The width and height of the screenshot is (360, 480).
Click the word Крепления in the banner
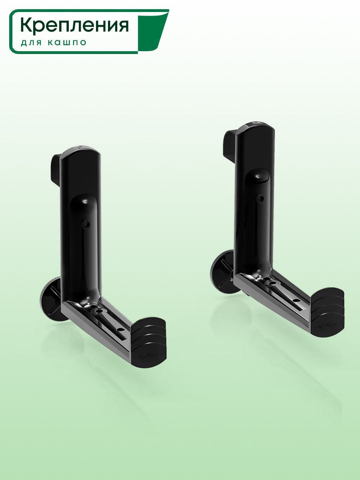click(x=74, y=26)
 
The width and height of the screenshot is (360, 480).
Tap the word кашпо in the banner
click(x=67, y=42)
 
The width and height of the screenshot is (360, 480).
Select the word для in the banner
click(x=31, y=43)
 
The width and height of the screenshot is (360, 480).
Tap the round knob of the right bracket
click(x=222, y=271)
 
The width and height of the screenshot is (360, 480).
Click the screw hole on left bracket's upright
click(x=86, y=224)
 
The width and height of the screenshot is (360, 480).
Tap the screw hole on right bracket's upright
click(x=260, y=198)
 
